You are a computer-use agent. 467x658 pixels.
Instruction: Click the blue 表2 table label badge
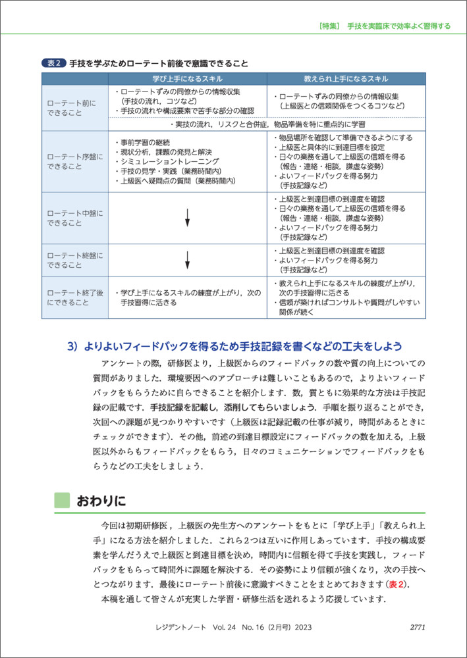tap(54, 64)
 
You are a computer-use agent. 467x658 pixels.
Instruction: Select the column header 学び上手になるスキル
tap(188, 78)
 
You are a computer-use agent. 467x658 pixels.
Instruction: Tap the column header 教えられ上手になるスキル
tap(346, 78)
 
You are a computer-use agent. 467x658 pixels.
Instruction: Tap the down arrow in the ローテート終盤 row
tap(188, 260)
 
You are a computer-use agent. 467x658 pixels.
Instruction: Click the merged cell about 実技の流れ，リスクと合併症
tap(267, 124)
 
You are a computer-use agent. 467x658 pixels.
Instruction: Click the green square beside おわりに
tap(61, 501)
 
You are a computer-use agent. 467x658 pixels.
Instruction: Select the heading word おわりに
tap(101, 501)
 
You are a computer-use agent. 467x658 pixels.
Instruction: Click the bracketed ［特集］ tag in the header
tap(327, 26)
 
